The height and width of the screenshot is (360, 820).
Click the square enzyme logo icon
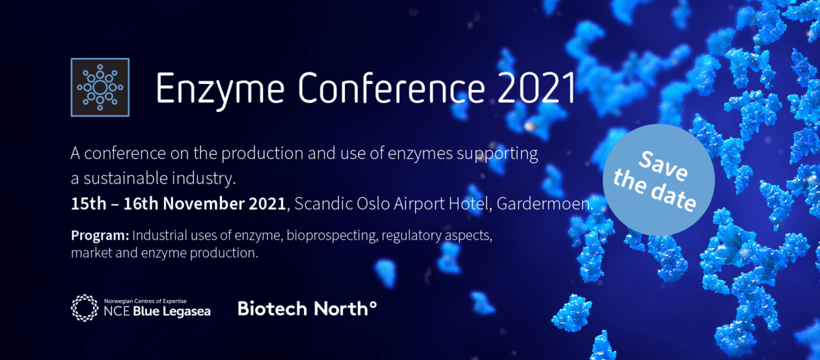tap(100, 87)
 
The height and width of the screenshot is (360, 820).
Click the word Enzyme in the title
tap(220, 89)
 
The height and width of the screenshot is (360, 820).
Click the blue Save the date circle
tap(659, 180)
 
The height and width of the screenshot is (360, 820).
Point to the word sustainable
tap(126, 178)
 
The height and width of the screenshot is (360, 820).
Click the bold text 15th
tap(88, 204)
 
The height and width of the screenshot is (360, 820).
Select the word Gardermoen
tap(545, 204)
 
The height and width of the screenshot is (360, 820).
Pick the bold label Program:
tap(100, 236)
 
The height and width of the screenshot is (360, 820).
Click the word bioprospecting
tap(332, 236)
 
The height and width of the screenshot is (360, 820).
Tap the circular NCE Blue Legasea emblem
tap(85, 307)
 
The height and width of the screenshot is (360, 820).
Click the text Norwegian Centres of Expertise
tap(146, 301)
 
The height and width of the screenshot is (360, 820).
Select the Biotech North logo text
tap(307, 308)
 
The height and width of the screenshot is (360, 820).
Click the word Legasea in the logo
tap(187, 311)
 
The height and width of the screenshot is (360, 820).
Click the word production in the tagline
tap(262, 153)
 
